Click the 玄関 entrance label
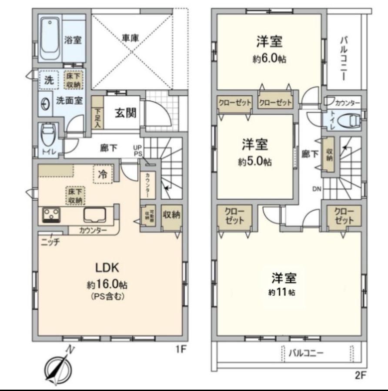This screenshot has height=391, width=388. tap(126, 113)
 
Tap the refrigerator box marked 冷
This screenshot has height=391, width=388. tap(102, 175)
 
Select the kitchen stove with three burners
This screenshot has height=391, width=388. tap(52, 215)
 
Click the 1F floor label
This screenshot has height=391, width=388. tap(181, 348)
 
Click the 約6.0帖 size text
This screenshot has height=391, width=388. tap(269, 60)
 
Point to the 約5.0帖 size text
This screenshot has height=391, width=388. tap(255, 162)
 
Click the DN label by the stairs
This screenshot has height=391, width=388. tap(317, 189)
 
